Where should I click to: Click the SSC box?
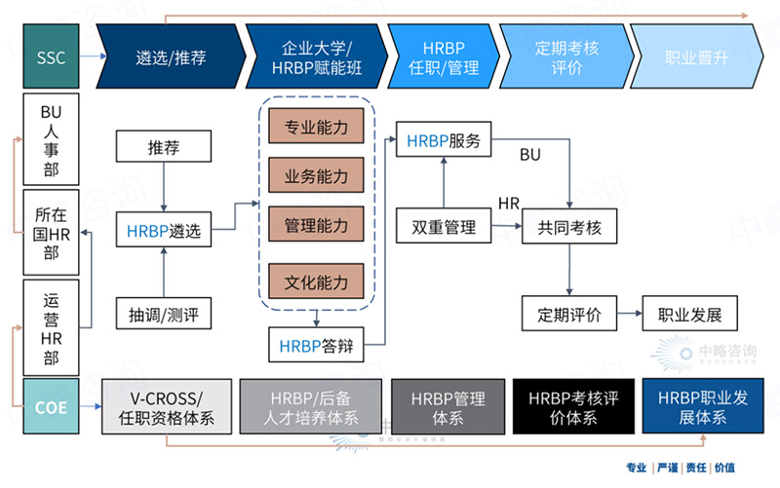point(51,57)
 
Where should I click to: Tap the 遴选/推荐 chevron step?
point(171,57)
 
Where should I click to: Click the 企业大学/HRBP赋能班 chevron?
point(317,57)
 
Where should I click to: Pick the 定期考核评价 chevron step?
point(560,57)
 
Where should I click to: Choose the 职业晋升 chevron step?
point(695,57)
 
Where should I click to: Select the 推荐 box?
point(164,148)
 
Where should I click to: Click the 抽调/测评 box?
point(164,315)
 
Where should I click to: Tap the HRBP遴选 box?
point(164,232)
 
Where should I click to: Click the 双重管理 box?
point(444,227)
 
